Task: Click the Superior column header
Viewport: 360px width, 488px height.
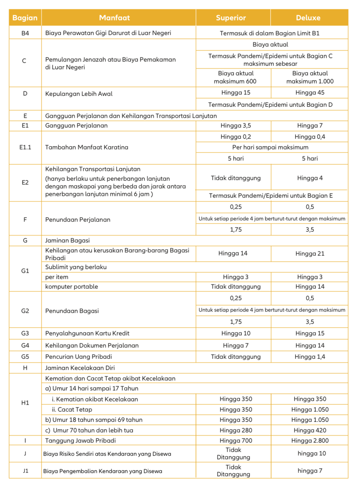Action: [231, 18]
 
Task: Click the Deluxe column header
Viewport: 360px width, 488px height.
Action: [308, 18]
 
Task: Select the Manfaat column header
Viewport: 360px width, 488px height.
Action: [114, 18]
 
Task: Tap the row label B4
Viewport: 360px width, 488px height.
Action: [25, 33]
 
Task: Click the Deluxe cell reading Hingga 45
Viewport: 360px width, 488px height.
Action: [310, 93]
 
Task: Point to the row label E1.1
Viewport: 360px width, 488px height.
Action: [25, 147]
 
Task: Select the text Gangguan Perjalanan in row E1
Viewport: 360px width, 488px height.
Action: [76, 126]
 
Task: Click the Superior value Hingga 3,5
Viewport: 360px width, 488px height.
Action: [236, 126]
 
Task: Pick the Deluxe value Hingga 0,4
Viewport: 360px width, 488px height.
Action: [310, 137]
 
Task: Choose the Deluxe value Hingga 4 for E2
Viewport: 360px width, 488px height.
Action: [310, 178]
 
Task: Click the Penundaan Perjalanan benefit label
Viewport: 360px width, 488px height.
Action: [77, 220]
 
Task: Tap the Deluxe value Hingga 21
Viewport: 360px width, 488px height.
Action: [310, 254]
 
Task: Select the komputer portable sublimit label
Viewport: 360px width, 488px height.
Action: [71, 287]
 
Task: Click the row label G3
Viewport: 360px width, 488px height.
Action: [25, 333]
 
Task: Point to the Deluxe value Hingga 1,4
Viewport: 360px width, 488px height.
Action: [310, 357]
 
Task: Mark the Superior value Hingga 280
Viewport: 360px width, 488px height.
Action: [236, 430]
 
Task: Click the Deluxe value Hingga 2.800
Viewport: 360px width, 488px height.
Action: [310, 441]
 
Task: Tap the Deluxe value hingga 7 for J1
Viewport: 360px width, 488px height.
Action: [310, 471]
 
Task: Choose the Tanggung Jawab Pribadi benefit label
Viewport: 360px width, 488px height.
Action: [80, 441]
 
